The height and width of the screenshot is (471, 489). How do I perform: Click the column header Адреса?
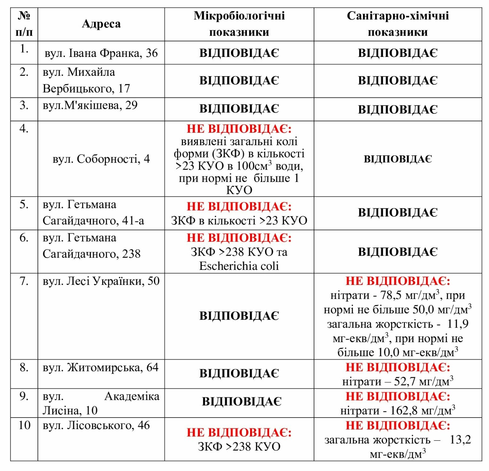click(101, 24)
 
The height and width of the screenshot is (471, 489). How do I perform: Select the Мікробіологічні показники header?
click(239, 24)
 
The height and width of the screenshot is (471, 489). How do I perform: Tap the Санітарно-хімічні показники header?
click(397, 24)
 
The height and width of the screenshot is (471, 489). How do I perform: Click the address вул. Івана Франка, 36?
click(101, 53)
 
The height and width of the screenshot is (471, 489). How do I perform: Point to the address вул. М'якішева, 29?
click(90, 105)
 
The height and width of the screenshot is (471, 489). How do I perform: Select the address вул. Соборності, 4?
click(101, 159)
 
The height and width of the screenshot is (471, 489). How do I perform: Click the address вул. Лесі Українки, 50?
click(101, 281)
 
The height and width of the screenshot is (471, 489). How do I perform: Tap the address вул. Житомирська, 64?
click(101, 368)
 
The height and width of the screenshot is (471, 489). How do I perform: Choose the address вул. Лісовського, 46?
click(96, 426)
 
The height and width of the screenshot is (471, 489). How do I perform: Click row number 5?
click(24, 205)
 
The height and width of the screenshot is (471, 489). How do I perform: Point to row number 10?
click(24, 426)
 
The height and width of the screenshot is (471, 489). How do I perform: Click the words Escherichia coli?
click(239, 266)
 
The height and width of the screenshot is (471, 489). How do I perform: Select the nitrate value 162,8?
click(403, 411)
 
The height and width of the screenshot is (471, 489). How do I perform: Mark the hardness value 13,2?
click(460, 440)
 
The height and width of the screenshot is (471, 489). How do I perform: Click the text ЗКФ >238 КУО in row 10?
click(239, 447)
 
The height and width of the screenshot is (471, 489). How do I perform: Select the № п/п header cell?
click(24, 24)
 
